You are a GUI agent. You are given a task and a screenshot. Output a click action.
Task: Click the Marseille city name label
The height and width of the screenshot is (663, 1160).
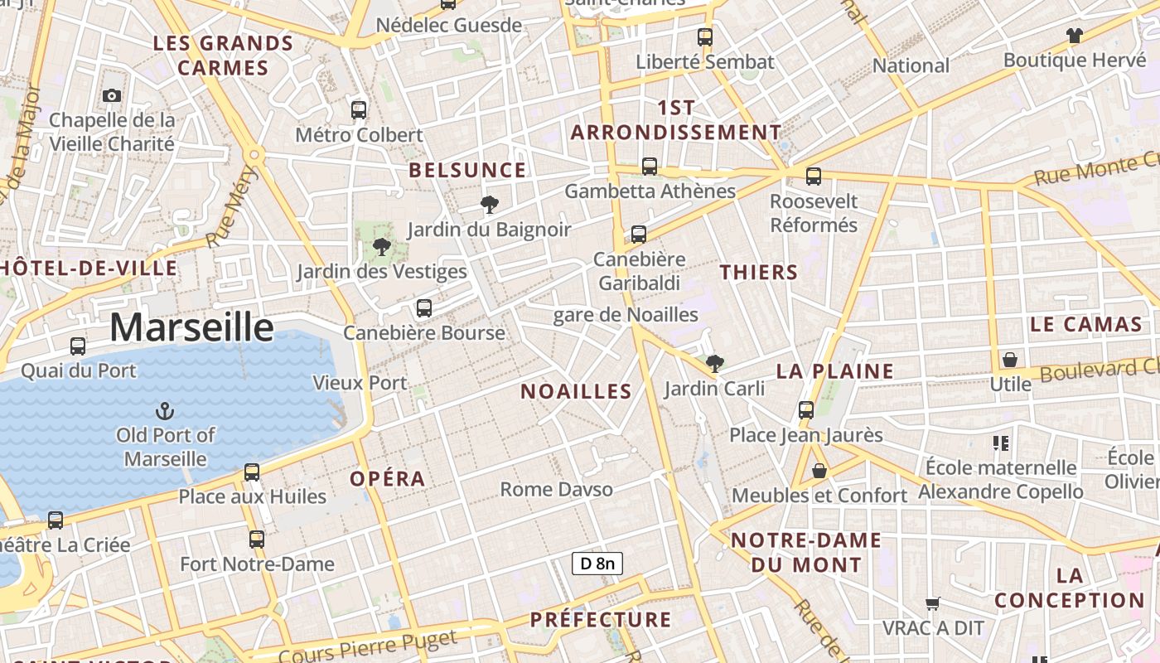coord(191,327)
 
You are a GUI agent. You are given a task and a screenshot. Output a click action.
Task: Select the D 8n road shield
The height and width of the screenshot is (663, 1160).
coord(597,564)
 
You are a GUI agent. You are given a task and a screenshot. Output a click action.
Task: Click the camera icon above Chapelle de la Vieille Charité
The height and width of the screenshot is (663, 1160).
coord(112,95)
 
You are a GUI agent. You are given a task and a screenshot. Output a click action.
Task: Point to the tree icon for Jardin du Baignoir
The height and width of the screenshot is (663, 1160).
coord(490,204)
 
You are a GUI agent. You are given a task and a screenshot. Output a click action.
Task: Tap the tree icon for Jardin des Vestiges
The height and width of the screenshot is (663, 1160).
coord(382,246)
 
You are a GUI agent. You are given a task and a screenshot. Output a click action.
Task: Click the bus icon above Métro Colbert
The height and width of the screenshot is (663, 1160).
coord(359,109)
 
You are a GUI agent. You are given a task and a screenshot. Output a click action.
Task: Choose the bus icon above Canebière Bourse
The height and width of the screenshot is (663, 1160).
coord(424,308)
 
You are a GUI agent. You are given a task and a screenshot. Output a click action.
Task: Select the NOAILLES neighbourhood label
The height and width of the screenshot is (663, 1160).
coord(576,391)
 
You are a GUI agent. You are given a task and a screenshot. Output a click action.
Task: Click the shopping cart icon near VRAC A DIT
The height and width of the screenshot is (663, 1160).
coord(933,603)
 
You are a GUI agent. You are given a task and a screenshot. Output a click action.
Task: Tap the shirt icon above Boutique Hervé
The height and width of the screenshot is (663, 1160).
coord(1074,36)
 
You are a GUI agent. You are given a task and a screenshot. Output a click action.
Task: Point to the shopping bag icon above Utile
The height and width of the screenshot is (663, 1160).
coord(1010,360)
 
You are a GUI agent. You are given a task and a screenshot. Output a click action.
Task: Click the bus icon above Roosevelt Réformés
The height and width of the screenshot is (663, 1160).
coord(814,176)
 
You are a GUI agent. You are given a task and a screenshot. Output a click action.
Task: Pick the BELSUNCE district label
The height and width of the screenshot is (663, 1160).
coord(467,171)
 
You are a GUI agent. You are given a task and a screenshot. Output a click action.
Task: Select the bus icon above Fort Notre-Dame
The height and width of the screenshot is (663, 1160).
coord(257,540)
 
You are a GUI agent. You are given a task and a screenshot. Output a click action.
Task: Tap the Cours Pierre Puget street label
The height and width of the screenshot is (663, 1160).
coord(367,647)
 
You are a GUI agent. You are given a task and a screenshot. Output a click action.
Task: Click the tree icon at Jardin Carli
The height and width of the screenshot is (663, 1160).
coord(714,363)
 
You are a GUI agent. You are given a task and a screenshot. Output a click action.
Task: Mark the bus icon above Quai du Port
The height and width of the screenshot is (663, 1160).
coord(78,346)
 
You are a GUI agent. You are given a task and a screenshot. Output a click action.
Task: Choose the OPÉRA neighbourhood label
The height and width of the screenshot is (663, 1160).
coord(387,479)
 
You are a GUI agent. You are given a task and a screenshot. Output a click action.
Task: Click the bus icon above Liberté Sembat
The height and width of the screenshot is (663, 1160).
coord(705,36)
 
